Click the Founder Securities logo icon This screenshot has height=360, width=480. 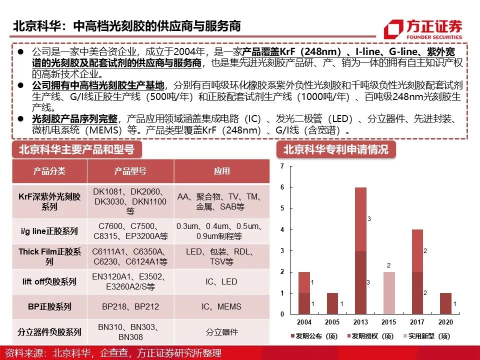393,29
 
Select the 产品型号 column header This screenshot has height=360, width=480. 130,171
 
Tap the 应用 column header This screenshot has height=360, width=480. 221,171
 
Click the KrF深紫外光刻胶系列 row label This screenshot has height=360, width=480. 49,201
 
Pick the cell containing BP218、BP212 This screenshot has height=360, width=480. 130,306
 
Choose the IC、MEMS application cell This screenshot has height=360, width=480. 221,306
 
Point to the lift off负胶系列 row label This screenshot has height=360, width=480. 49,281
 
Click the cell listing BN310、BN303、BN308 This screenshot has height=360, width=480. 130,332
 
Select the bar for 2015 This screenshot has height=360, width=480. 389,293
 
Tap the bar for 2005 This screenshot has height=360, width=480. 332,303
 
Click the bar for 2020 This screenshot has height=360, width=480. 445,303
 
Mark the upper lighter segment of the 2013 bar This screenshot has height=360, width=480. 360,219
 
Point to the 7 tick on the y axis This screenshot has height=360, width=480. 282,166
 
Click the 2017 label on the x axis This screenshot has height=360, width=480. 417,322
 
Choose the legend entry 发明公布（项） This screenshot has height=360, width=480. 314,336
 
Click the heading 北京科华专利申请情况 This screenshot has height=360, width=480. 336,149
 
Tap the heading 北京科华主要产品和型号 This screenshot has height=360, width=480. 77,149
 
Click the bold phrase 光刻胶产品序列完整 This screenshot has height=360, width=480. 75,119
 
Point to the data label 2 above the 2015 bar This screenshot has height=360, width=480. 389,265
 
